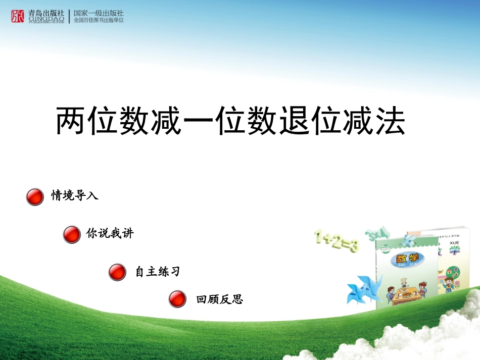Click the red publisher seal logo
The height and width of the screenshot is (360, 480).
point(17,16)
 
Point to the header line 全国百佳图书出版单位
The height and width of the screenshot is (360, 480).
point(99,21)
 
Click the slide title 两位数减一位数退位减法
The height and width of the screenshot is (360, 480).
point(230,122)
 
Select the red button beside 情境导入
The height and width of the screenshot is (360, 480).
point(35,197)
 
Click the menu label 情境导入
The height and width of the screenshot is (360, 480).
point(75,196)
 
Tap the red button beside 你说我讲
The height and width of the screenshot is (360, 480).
point(72,235)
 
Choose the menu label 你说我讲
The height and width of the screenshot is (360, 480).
point(110,234)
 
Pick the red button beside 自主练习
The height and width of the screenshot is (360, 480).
point(117,272)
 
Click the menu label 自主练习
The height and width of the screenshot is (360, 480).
point(158,272)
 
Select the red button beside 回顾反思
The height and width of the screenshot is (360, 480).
point(177,299)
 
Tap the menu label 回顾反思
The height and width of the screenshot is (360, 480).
point(220,299)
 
